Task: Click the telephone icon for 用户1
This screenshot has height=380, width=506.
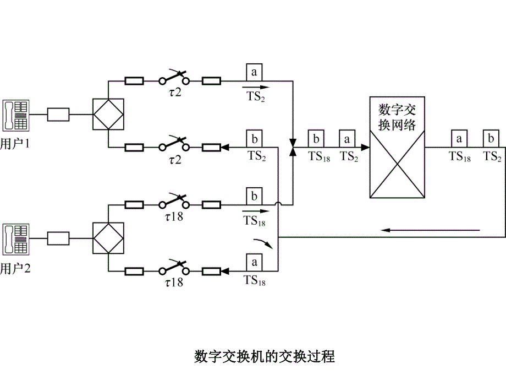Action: (x=15, y=115)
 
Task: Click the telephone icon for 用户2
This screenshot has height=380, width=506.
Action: (x=15, y=238)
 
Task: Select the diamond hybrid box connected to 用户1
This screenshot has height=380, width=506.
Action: (x=108, y=115)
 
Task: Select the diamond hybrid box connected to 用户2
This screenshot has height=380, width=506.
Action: (x=108, y=238)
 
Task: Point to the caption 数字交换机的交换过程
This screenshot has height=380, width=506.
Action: (x=265, y=356)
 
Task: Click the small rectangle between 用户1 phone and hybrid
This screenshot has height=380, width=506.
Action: (x=58, y=115)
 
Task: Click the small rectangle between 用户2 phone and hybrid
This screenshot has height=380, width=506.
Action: (x=58, y=238)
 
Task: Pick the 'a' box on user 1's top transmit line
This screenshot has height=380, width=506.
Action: (x=254, y=72)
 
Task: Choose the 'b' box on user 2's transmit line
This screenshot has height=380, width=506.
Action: (x=254, y=196)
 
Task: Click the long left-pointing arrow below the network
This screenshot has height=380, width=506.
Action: (x=432, y=230)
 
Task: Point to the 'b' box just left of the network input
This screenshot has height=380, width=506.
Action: (x=315, y=138)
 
